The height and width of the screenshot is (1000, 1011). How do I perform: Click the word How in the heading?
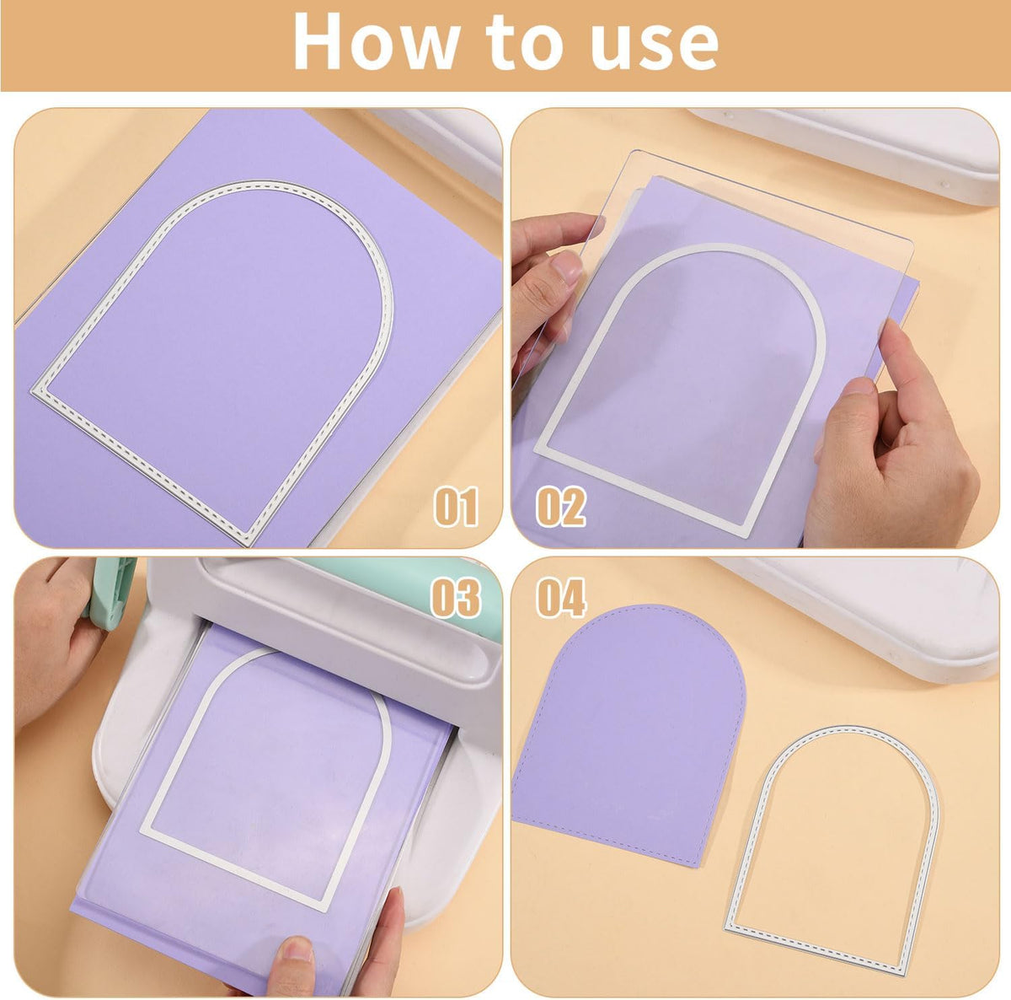click(x=377, y=41)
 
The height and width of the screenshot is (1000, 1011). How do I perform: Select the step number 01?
click(x=456, y=506)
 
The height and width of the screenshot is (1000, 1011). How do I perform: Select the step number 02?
click(x=560, y=506)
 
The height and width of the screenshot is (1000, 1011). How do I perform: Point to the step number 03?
click(x=456, y=598)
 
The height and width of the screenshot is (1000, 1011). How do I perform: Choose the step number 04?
click(x=560, y=598)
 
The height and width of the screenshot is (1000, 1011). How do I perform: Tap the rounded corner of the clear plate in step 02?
click(x=907, y=245)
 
